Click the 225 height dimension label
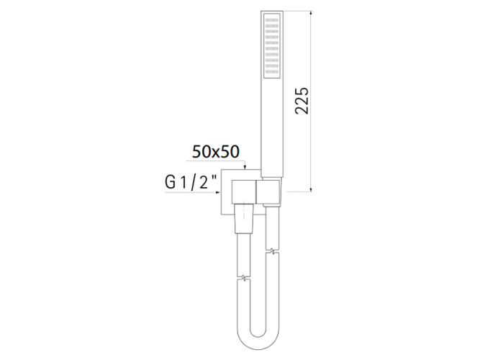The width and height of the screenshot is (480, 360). [x=302, y=101]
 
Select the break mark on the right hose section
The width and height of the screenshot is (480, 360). [x=271, y=252]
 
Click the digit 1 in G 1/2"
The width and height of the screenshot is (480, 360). [x=181, y=183]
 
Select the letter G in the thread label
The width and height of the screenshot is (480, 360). [x=169, y=183]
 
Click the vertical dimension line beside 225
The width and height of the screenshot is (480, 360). [x=311, y=144]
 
